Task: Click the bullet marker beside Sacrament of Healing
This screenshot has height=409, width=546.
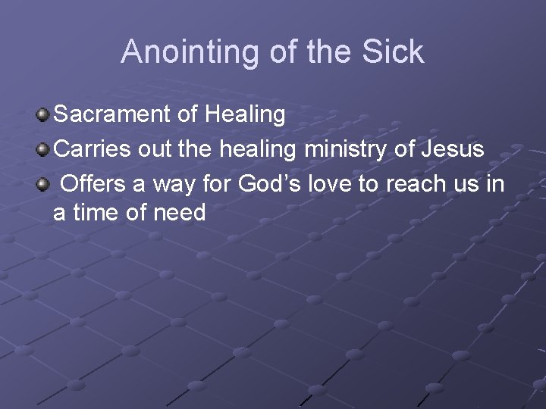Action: tap(43, 116)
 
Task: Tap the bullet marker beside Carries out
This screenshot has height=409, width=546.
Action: tap(43, 150)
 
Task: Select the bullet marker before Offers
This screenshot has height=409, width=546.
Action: tap(43, 184)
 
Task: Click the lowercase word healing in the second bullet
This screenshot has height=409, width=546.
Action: tap(258, 149)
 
